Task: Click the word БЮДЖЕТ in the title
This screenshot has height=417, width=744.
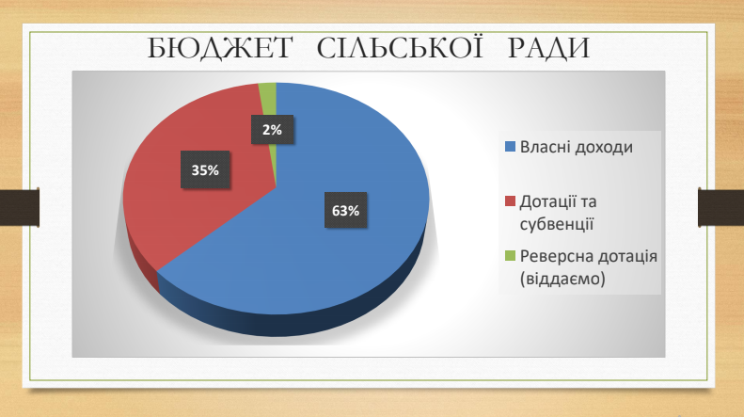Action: pos(220,48)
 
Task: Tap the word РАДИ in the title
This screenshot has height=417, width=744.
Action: pos(548,48)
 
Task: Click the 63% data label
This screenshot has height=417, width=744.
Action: pos(345,210)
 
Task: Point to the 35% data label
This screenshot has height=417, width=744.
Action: pos(205,169)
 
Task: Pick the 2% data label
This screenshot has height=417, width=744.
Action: pos(272,129)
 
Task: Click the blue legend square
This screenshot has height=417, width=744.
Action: pos(510,146)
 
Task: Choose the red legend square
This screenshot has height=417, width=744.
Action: pos(510,200)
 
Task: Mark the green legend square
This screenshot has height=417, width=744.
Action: pos(510,255)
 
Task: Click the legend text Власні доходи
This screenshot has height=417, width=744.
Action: pos(577,147)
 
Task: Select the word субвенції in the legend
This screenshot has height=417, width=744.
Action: pos(557,224)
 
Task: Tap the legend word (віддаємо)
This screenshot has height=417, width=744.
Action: pos(562,279)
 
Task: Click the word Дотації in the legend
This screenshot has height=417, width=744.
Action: pos(546,201)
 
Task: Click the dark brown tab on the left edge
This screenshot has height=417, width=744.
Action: pos(20,207)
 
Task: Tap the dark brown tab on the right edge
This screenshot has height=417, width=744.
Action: pos(720,207)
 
